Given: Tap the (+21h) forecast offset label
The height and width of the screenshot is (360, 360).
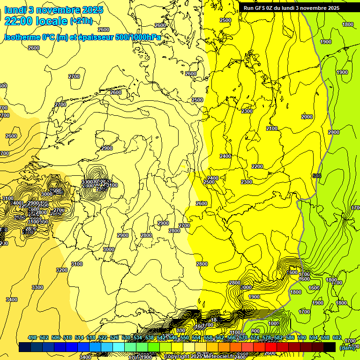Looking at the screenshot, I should pyautogui.click(x=81, y=21).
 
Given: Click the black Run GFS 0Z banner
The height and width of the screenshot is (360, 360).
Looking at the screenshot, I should pyautogui.click(x=291, y=8).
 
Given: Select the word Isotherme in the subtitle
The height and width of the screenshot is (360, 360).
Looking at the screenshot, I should pyautogui.click(x=22, y=37).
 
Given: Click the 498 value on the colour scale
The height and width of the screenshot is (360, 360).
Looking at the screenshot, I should pyautogui.click(x=32, y=337).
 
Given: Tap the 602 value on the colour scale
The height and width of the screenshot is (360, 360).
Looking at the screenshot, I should pyautogui.click(x=337, y=337).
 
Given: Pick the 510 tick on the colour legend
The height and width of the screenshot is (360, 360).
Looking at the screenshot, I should pyautogui.click(x=67, y=337).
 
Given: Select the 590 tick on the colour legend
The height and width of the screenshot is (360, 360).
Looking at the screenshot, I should pyautogui.click(x=302, y=337).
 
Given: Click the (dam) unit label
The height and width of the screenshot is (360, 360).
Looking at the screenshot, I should pyautogui.click(x=347, y=347).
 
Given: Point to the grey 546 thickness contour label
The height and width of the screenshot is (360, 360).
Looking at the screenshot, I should pyautogui.click(x=317, y=176).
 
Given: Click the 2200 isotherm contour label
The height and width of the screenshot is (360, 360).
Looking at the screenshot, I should pyautogui.click(x=257, y=166).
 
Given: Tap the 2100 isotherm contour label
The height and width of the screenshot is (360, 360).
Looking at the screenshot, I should pyautogui.click(x=272, y=128).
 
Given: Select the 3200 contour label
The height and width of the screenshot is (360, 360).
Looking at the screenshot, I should pyautogui.click(x=61, y=270).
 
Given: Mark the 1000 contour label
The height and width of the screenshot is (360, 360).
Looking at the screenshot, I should pyautogui.click(x=274, y=323).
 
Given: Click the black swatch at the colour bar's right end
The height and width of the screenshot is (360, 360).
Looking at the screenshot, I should pyautogui.click(x=330, y=347).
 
